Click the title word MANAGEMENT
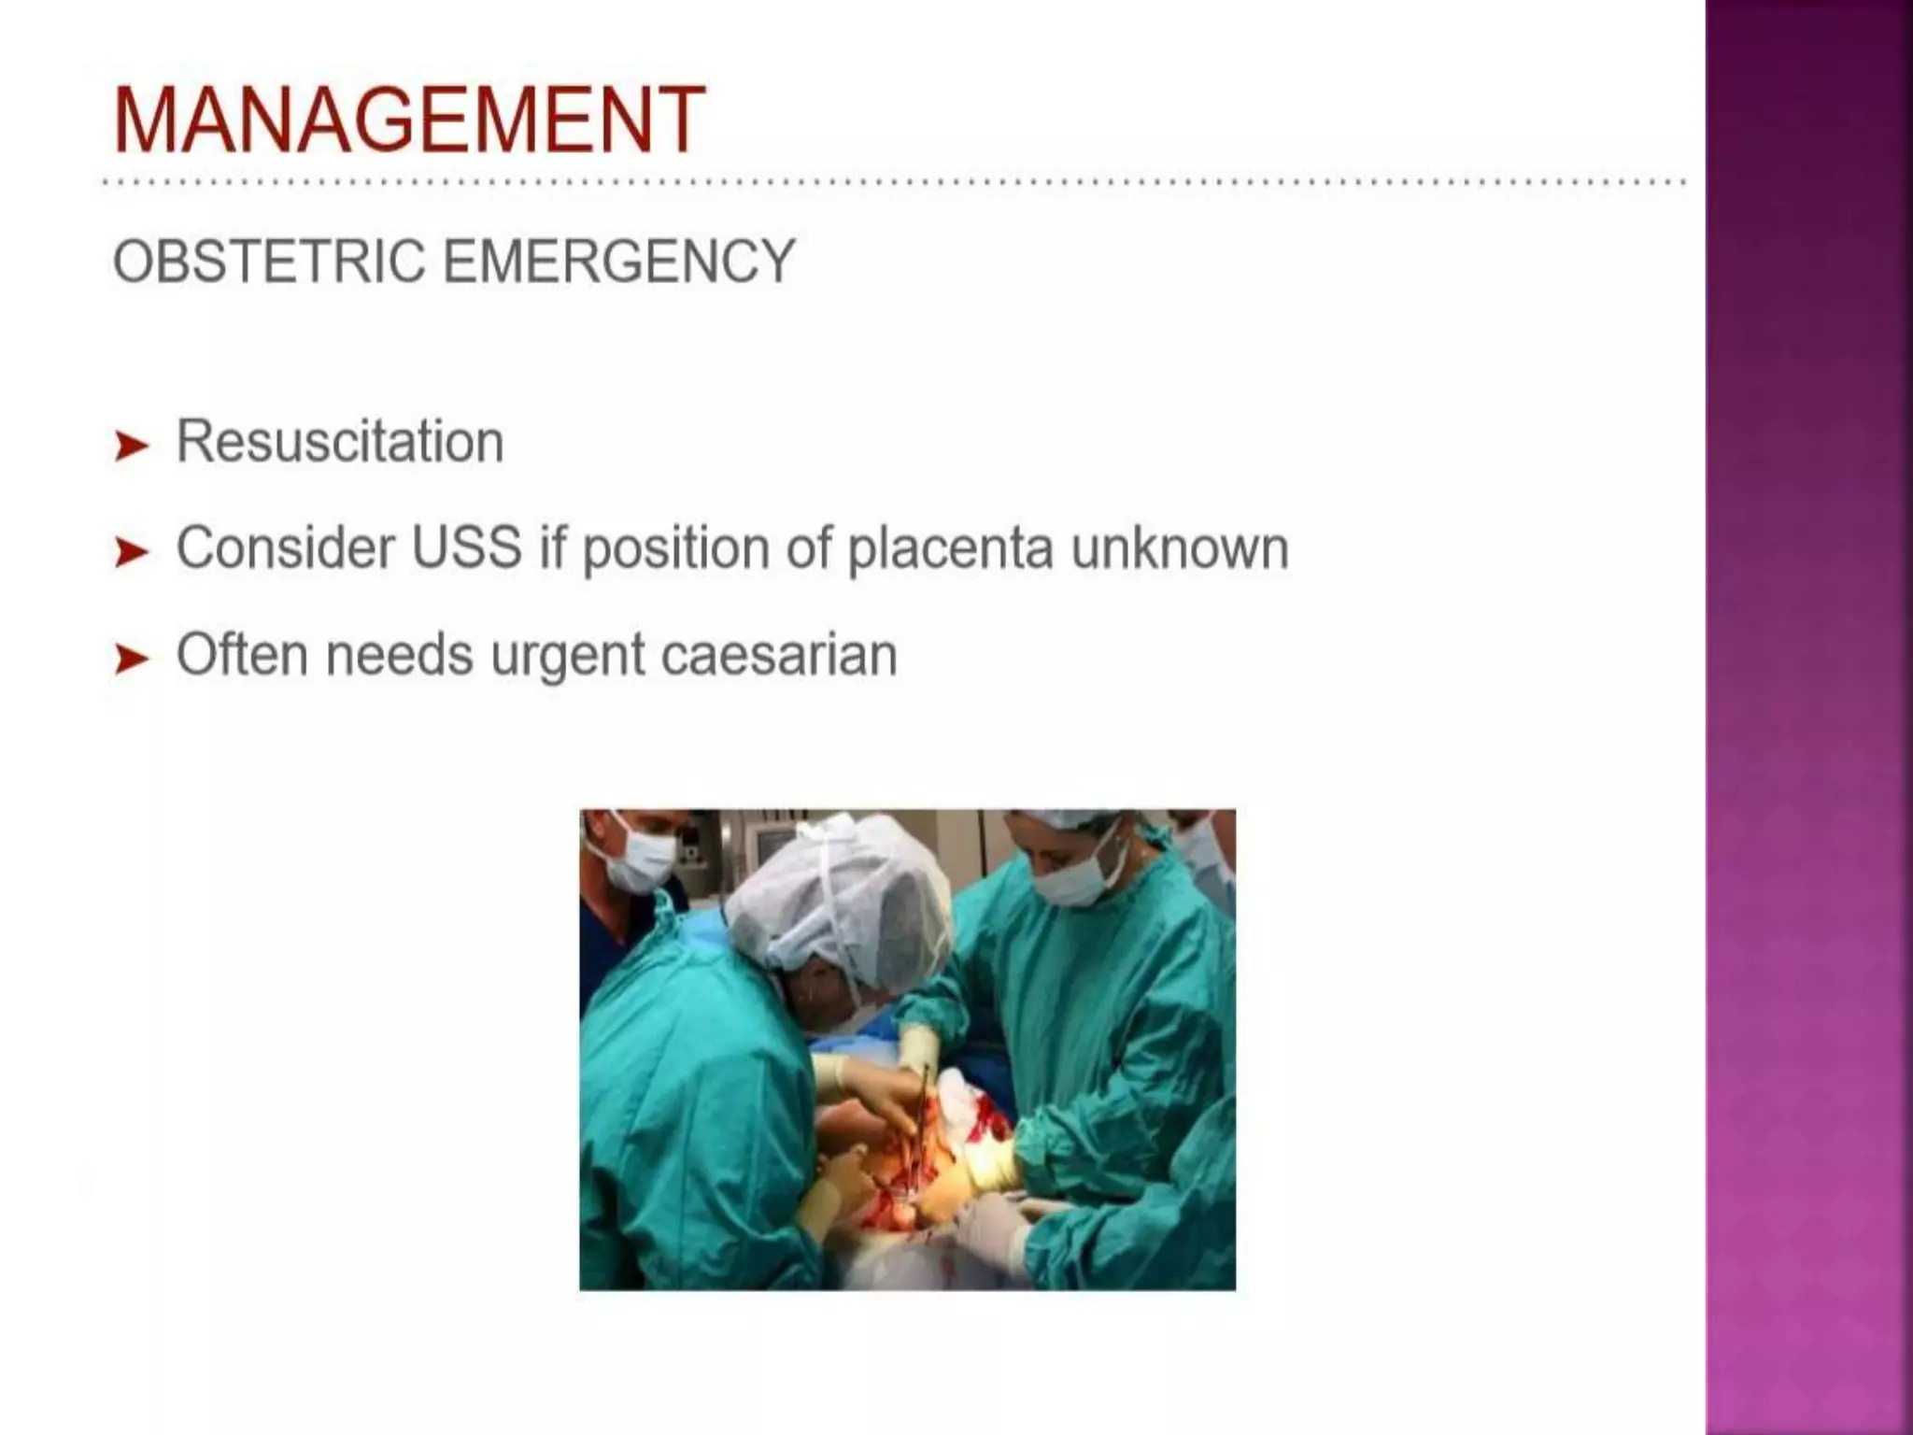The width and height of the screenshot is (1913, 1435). (x=408, y=120)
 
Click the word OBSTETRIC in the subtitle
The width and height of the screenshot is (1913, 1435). (x=268, y=261)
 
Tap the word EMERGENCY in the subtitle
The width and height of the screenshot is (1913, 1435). (x=618, y=261)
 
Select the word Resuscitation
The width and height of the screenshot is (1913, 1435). (x=340, y=441)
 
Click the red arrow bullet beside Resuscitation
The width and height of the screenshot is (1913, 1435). (x=131, y=446)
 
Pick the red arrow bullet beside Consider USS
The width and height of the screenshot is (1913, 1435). (x=131, y=552)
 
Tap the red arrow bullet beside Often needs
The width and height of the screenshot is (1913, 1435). (x=131, y=659)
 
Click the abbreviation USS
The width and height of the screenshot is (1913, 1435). (x=466, y=547)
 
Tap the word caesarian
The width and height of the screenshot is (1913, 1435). (x=779, y=655)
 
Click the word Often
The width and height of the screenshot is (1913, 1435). (x=242, y=654)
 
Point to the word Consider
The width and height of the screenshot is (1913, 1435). (x=285, y=547)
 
